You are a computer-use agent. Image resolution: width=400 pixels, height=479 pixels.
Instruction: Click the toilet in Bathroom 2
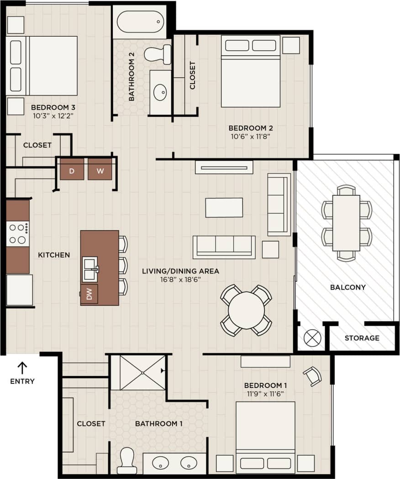pyautogui.click(x=157, y=54)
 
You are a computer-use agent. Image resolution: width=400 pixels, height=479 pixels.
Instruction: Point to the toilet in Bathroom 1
pyautogui.click(x=126, y=460)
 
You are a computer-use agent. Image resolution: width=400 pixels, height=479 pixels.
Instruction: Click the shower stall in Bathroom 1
pyautogui.click(x=138, y=372)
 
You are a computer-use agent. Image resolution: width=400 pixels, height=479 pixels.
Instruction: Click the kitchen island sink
pyautogui.click(x=90, y=269)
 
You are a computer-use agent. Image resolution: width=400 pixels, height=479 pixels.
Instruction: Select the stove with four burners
pyautogui.click(x=17, y=233)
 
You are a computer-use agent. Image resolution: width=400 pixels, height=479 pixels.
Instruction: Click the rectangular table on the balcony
pyautogui.click(x=346, y=223)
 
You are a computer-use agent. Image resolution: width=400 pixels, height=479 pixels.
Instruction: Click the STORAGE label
pyautogui.click(x=362, y=338)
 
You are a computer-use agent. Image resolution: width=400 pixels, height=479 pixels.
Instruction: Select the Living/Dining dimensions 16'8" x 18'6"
pyautogui.click(x=180, y=279)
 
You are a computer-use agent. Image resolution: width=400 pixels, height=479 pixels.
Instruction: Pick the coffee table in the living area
pyautogui.click(x=224, y=207)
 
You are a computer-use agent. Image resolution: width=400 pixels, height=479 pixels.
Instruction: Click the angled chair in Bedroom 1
pyautogui.click(x=312, y=376)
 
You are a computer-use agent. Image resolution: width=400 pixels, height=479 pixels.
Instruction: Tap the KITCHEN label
pyautogui.click(x=54, y=255)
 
